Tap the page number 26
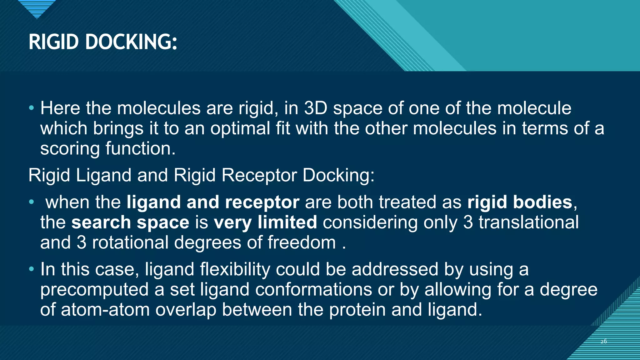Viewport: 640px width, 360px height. pos(603,341)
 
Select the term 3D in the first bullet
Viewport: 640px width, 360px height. pos(316,108)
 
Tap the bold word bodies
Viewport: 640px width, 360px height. pos(542,202)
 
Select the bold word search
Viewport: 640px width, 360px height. pos(101,222)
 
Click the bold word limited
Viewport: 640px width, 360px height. pos(287,222)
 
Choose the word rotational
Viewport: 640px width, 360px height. pos(130,242)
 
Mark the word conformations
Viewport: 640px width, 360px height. pos(313,290)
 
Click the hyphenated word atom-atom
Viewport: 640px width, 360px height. pos(105,310)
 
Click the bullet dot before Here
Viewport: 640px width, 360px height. pos(31,108)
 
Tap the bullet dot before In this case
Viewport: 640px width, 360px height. pos(31,269)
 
